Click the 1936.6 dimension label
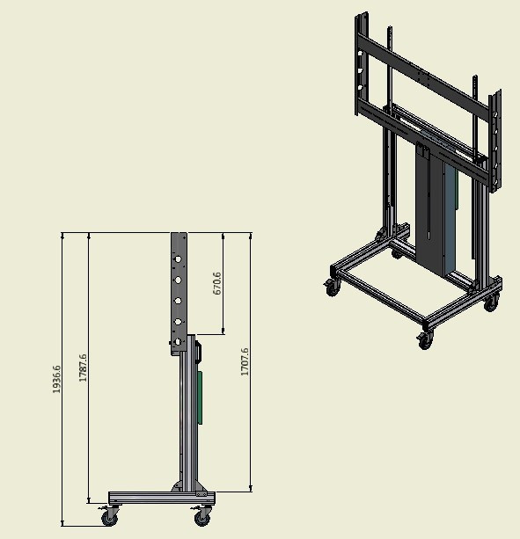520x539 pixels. click(x=56, y=379)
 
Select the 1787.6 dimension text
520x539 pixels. click(x=83, y=368)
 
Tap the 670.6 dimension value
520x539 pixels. click(x=217, y=284)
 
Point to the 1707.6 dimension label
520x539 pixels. click(x=245, y=361)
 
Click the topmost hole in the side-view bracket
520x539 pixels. click(x=178, y=259)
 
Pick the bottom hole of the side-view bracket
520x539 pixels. click(x=178, y=342)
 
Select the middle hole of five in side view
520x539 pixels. click(x=178, y=301)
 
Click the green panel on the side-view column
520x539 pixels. click(x=199, y=397)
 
